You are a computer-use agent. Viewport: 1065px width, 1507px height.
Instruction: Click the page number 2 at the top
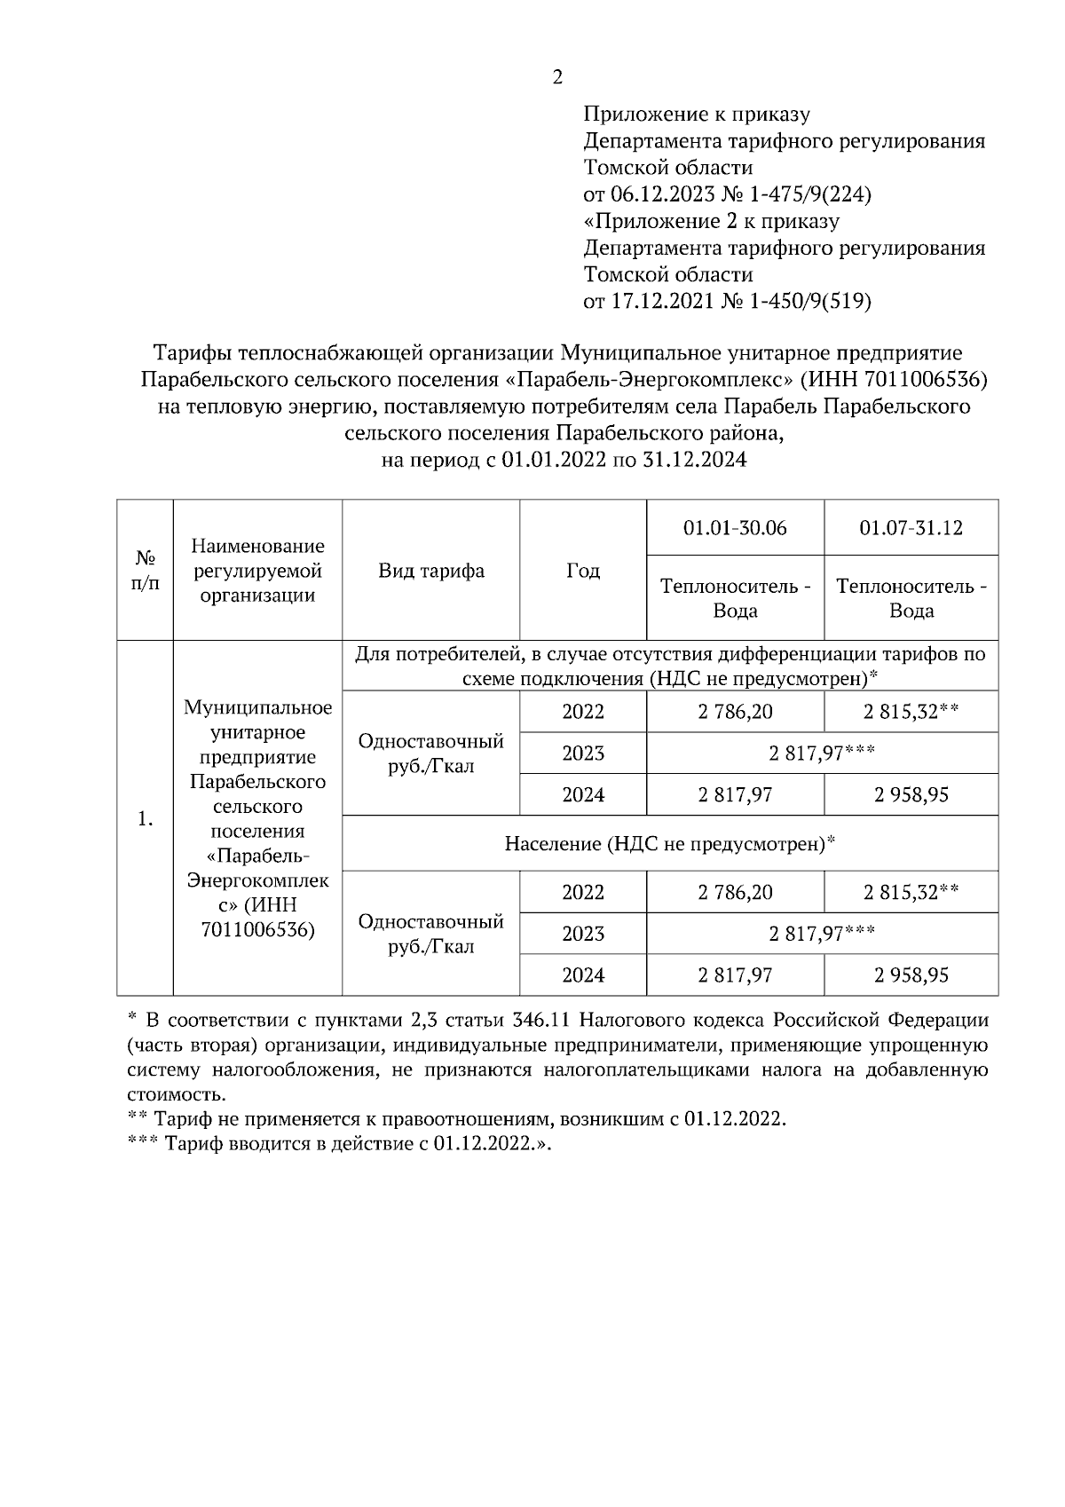(556, 77)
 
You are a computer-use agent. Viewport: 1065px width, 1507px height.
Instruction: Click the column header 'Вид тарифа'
(431, 571)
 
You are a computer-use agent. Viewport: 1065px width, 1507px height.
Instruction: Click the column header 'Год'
(582, 571)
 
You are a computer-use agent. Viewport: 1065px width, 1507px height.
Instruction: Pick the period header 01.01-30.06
(735, 528)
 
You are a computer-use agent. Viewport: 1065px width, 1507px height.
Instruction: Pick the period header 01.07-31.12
(911, 528)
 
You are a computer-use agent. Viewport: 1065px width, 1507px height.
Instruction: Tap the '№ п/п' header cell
(145, 571)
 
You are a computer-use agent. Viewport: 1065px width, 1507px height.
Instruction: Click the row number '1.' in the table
(146, 818)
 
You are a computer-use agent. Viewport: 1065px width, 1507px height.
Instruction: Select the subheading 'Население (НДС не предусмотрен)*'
(670, 843)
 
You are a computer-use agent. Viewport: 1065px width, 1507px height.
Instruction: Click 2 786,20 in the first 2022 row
(735, 712)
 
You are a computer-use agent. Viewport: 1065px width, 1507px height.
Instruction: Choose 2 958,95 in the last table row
(911, 975)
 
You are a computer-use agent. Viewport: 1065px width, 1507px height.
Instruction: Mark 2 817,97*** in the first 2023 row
(822, 753)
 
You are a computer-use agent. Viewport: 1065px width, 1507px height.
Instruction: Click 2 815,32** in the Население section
(911, 892)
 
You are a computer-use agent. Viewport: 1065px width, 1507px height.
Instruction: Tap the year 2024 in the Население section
(583, 975)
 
